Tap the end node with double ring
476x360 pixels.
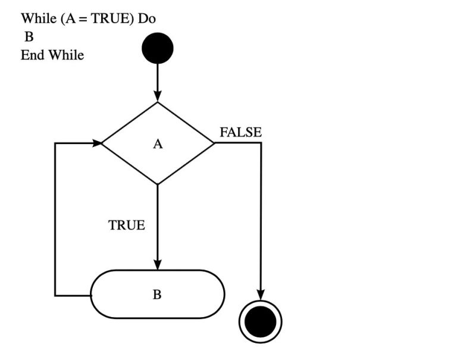pyautogui.click(x=261, y=322)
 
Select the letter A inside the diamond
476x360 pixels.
pyautogui.click(x=158, y=144)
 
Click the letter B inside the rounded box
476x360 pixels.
pyautogui.click(x=157, y=295)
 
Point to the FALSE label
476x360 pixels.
pyautogui.click(x=240, y=132)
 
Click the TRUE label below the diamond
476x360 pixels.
pyautogui.click(x=127, y=226)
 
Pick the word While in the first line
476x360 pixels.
pyautogui.click(x=39, y=18)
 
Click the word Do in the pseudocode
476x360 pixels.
pyautogui.click(x=146, y=18)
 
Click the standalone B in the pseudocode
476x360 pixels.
pyautogui.click(x=29, y=37)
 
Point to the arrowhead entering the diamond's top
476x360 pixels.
pyautogui.click(x=158, y=96)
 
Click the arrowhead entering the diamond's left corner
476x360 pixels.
pyautogui.click(x=96, y=143)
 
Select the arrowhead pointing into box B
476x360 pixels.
pyautogui.click(x=158, y=265)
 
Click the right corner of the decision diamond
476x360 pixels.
pyautogui.click(x=212, y=143)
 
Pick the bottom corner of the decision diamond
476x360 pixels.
pyautogui.click(x=158, y=183)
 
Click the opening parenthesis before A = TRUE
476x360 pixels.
pyautogui.click(x=62, y=18)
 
